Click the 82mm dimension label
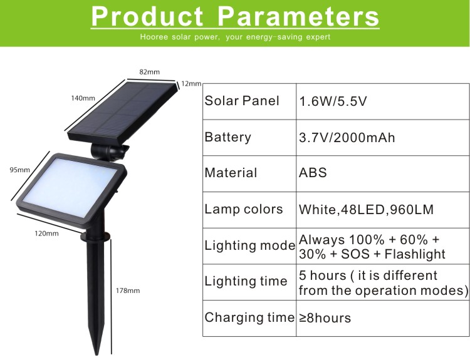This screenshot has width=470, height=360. coord(149,72)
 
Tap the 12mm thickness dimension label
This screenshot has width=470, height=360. coord(191,84)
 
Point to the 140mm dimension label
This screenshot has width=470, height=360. coord(83,98)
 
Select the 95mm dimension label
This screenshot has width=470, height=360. coord(20,170)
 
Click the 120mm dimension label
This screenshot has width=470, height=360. coord(47,234)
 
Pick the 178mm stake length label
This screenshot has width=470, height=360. coord(128,291)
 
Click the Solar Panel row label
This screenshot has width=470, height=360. coord(242,101)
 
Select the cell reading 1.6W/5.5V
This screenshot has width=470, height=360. coord(333,101)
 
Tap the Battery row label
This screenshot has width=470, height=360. coord(227,137)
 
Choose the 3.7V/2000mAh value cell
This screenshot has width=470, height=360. coord(347,138)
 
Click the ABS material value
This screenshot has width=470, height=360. coord(313,173)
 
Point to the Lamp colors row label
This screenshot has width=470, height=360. coord(243,209)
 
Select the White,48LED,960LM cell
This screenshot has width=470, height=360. coord(366,210)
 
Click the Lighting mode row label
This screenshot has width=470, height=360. coord(249,245)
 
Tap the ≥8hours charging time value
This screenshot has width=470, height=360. coord(325,318)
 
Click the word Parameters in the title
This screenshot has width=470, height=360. coord(298,16)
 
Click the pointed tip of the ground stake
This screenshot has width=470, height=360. coord(97,354)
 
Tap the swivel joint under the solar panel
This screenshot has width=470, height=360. coord(110,152)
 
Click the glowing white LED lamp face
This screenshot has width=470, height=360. coord(70,187)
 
